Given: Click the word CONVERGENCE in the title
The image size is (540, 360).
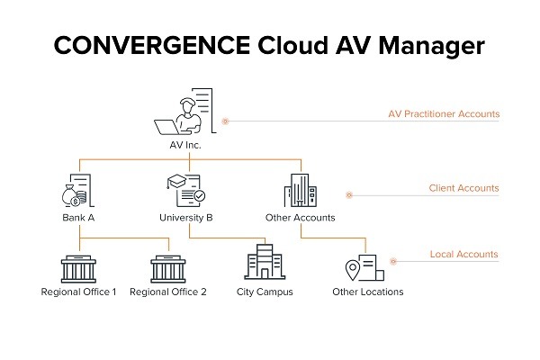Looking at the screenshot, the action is point(152,45).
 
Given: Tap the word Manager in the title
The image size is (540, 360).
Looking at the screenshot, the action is point(431,47).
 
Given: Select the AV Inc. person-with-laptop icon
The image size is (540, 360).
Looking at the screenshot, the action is point(184,112).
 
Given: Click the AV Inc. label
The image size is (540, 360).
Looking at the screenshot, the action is point(185,145).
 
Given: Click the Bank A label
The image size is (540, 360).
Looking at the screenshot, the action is point(78,218).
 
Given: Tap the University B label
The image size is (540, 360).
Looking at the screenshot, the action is point(186,218).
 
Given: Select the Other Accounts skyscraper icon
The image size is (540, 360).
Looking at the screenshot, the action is point(301,190).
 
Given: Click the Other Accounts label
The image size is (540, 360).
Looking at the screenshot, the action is point(301,218).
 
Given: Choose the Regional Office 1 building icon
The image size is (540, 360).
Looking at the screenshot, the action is point(78,269).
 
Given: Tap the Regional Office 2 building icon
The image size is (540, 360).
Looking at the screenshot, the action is point(168,269).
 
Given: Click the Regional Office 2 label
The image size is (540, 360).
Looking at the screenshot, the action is point(168,292).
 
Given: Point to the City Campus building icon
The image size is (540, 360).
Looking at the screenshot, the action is point(265,262).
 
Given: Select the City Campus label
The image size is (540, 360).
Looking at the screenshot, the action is point(265,292).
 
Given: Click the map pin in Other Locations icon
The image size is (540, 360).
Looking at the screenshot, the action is point(352,269).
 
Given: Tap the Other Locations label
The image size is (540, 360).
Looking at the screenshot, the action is point(368,292).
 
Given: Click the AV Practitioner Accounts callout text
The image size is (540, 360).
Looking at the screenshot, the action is point(444,114).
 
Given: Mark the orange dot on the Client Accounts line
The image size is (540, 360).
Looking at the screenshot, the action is point(349,195).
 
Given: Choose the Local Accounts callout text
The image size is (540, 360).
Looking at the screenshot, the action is point(463,254).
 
